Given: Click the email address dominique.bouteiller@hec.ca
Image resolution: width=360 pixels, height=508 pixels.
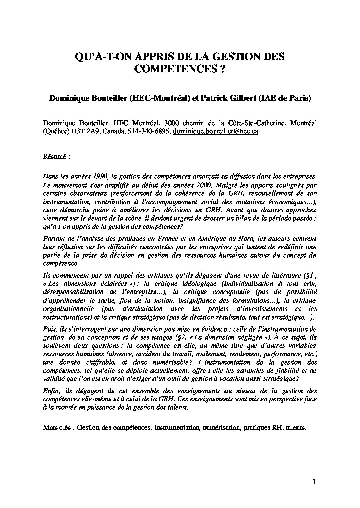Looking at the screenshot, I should pyautogui.click(x=216, y=132).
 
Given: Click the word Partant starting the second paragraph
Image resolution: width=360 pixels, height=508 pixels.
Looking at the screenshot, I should pyautogui.click(x=52, y=239).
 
